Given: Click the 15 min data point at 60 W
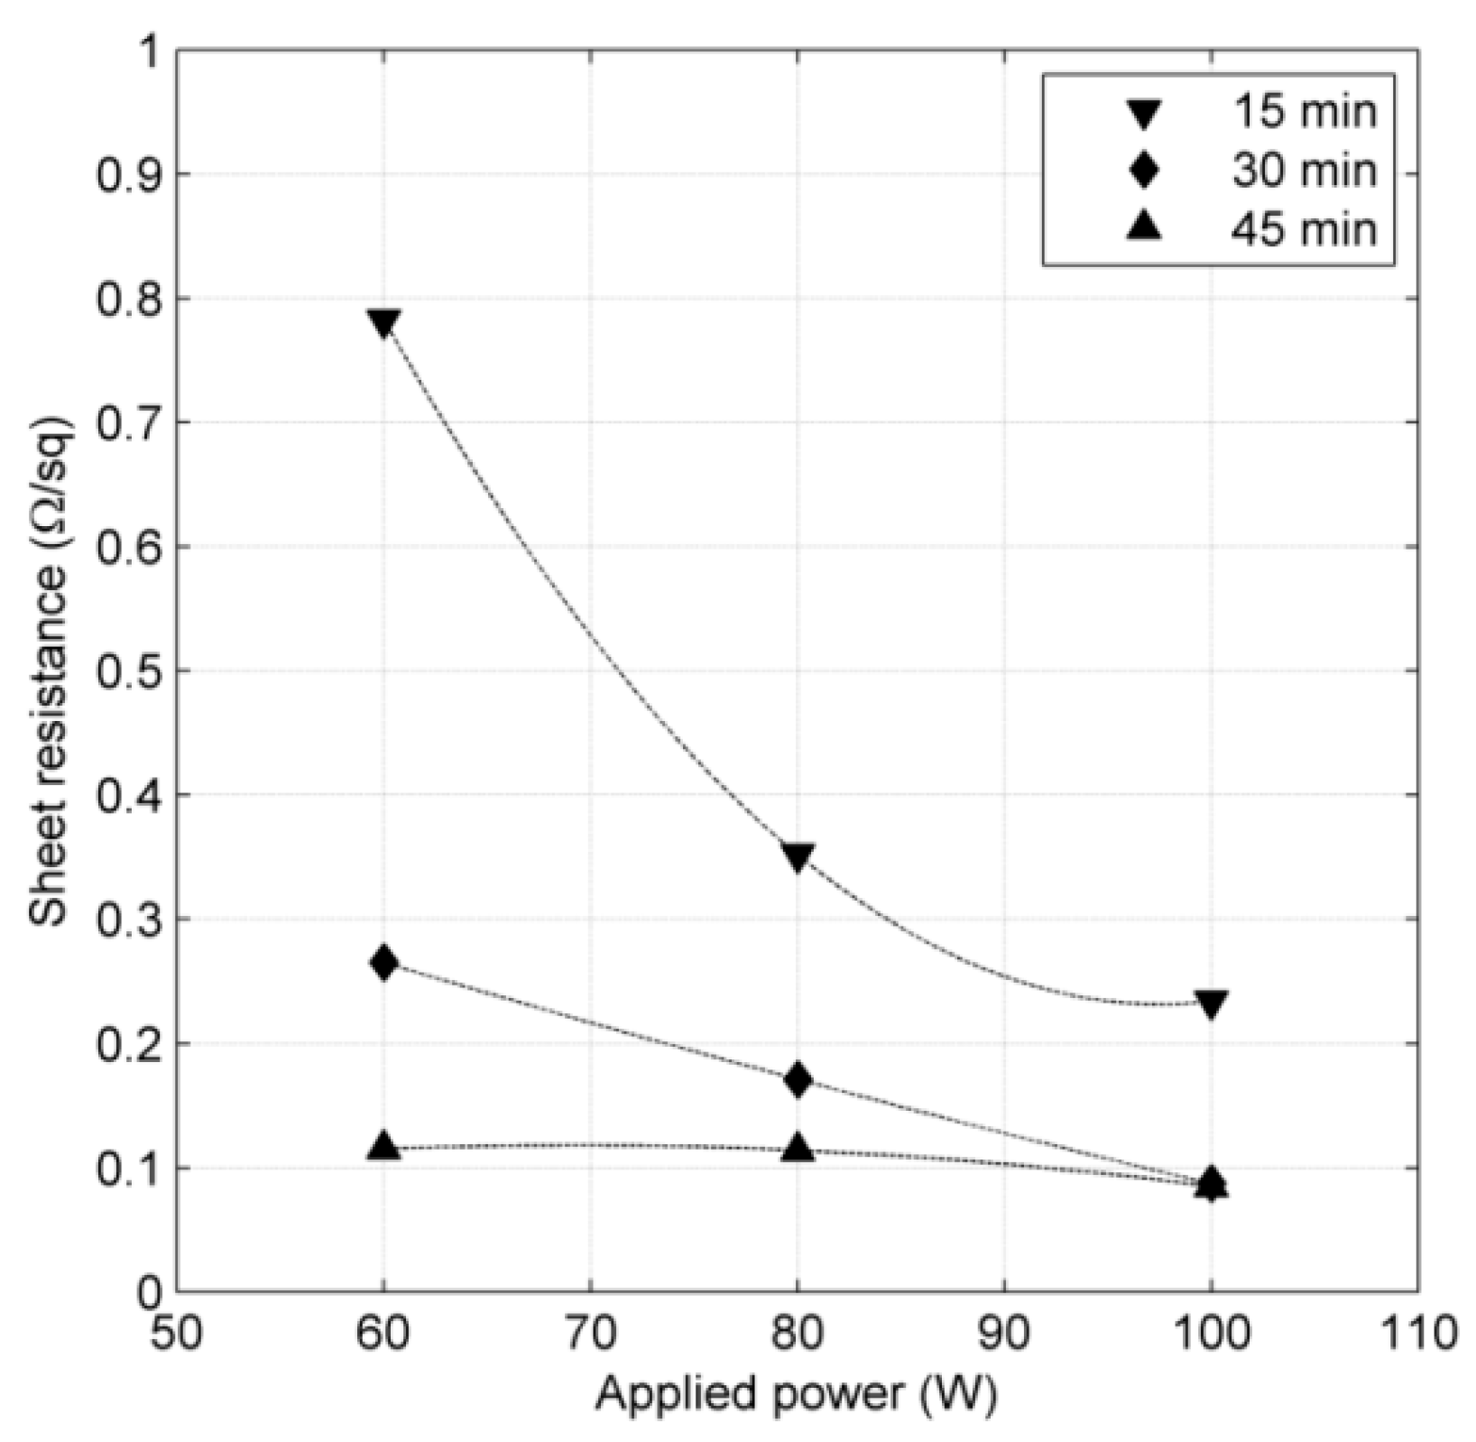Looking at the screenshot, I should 383,322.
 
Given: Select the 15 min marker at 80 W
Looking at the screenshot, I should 798,855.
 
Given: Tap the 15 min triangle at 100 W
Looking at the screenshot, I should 1211,1003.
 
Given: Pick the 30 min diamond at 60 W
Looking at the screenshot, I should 383,962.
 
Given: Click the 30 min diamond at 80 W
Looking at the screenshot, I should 798,1079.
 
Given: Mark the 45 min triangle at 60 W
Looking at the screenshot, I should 383,1146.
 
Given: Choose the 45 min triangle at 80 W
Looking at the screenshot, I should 798,1148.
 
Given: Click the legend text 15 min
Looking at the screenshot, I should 1304,112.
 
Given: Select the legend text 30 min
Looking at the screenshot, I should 1304,171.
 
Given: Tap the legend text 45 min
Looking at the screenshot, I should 1304,229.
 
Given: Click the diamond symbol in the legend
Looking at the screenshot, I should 1144,171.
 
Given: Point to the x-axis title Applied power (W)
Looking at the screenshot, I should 796,1394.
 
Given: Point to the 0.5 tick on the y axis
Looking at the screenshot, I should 125,671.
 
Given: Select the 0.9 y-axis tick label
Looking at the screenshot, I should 125,174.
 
